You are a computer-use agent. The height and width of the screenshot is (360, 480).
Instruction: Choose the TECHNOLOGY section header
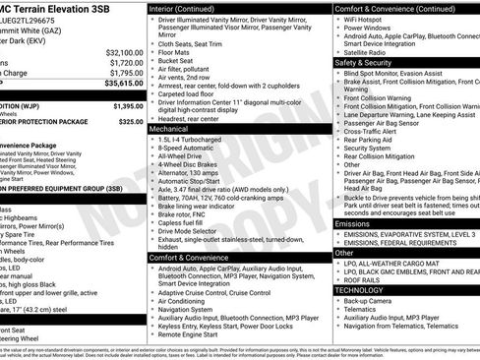point(358,290)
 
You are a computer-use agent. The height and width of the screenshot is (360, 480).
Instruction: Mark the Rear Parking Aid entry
point(372,140)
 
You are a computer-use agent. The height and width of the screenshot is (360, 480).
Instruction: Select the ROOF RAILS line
point(365,279)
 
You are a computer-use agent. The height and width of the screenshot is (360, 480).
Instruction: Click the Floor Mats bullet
point(178,52)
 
